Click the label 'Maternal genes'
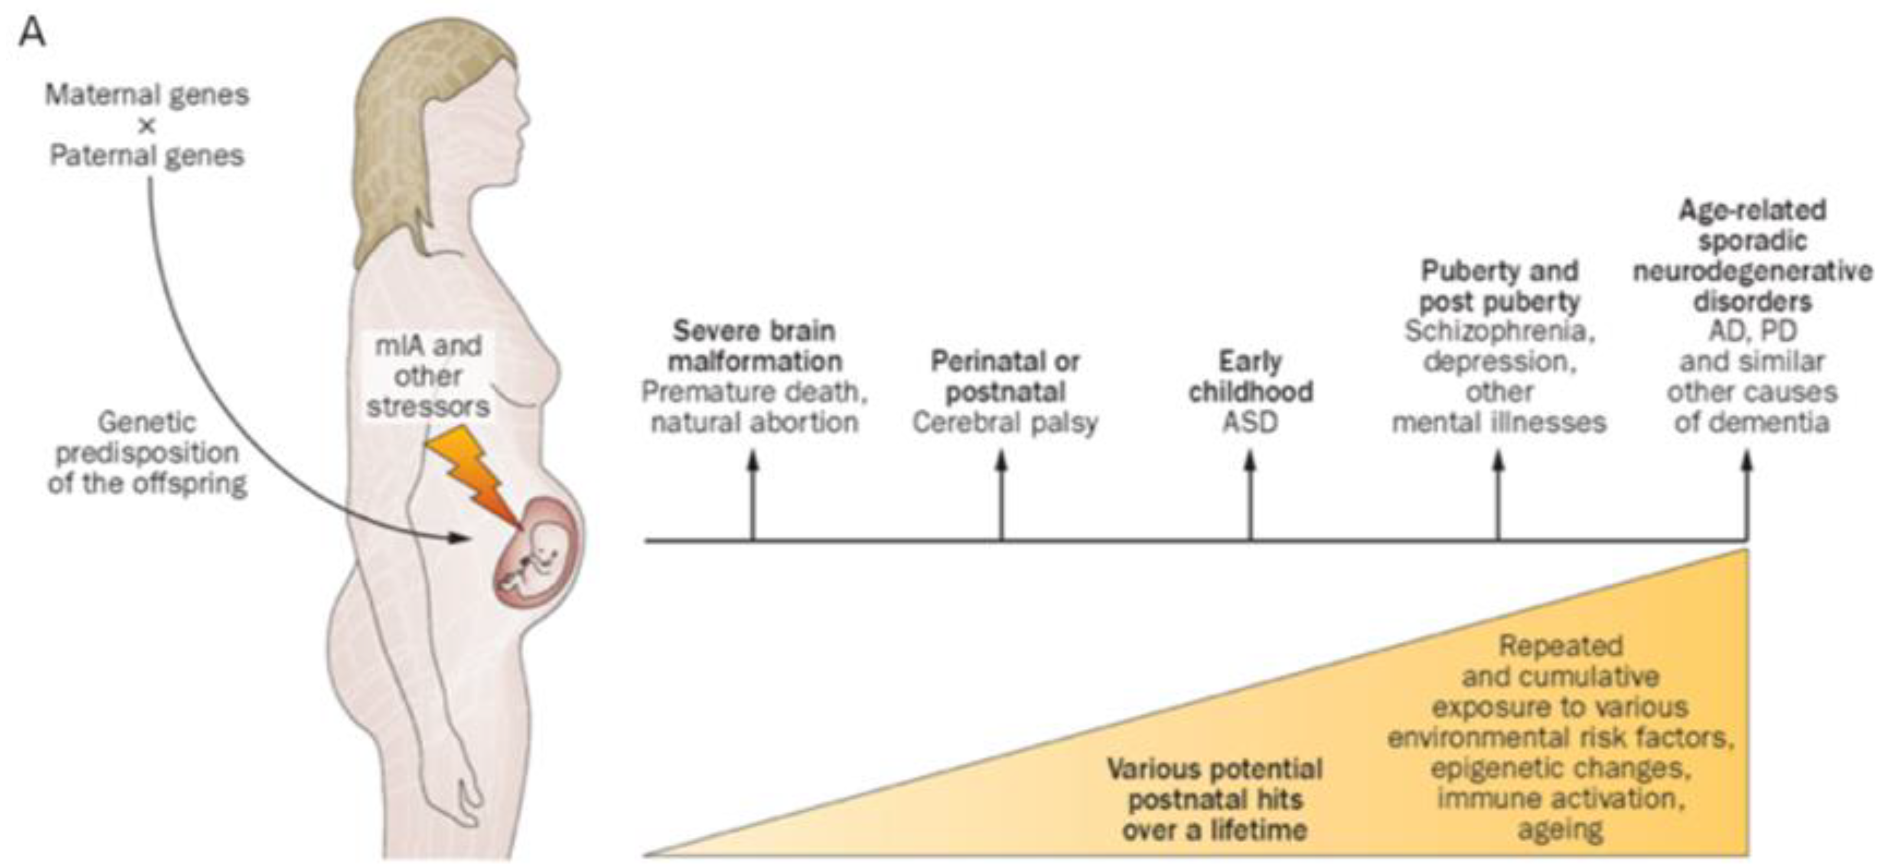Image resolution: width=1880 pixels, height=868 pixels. pos(147,95)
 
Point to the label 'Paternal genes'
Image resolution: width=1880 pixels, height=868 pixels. pos(147,156)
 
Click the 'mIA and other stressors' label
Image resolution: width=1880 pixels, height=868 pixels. pos(428,376)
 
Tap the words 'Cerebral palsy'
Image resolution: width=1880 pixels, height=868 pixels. pos(1004,423)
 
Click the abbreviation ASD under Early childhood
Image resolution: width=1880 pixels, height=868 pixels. pos(1250,423)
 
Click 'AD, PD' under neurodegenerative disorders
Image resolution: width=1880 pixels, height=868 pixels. pos(1752,331)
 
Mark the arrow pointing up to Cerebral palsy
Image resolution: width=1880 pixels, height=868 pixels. pos(1001,496)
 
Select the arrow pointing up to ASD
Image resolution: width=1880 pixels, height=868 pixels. pos(1250,496)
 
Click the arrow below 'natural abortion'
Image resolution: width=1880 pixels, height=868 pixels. pos(753,496)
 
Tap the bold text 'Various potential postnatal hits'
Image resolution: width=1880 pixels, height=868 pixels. pos(1215,784)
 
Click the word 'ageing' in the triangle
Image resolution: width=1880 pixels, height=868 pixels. pos(1561,830)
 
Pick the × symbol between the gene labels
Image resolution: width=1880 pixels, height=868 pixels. pos(147,126)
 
